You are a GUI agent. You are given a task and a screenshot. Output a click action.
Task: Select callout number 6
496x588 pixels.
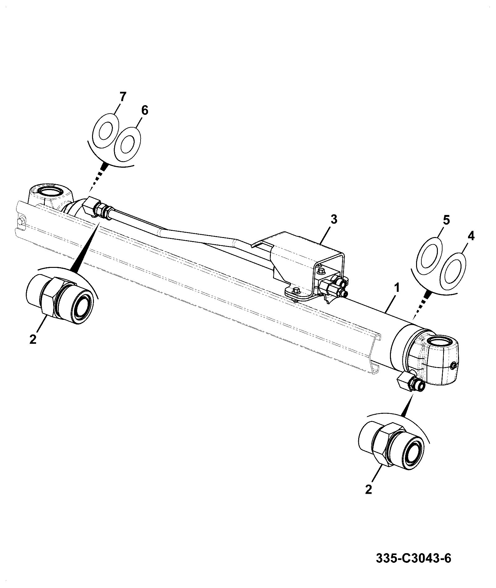145,110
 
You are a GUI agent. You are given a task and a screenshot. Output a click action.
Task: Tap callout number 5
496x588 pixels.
446,221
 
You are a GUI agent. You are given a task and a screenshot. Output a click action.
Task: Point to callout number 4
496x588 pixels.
471,236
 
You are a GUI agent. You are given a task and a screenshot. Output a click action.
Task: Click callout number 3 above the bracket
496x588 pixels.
333,220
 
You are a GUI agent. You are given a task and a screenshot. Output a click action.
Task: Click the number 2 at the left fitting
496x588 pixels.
33,339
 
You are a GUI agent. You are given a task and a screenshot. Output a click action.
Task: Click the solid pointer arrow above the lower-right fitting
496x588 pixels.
408,405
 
